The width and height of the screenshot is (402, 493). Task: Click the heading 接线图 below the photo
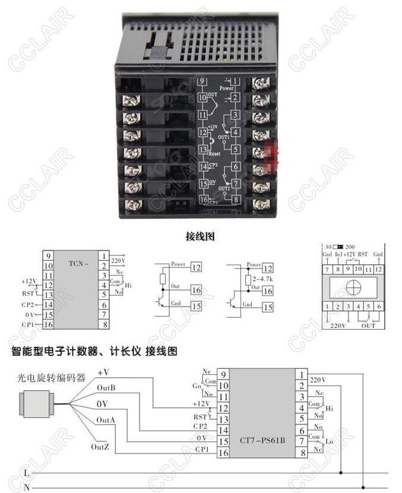point(200,236)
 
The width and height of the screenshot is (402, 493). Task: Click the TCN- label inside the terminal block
point(78,263)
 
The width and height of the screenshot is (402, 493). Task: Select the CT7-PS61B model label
point(266,441)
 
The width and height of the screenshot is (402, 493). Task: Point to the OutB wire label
point(106,388)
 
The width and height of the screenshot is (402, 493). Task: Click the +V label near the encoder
point(103,372)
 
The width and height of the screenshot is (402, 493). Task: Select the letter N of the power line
point(26,487)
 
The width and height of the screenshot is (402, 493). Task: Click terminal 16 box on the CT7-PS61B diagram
point(224,453)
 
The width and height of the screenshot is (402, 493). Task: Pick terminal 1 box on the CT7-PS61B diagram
point(302,375)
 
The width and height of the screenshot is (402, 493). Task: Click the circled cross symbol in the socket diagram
point(352,287)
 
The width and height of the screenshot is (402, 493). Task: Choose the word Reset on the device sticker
point(216,153)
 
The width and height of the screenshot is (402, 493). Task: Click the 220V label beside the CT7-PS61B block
point(318,379)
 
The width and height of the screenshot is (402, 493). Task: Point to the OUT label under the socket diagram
point(369,325)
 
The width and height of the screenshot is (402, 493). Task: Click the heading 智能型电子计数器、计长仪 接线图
point(95,351)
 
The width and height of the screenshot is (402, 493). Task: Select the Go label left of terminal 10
point(197,386)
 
